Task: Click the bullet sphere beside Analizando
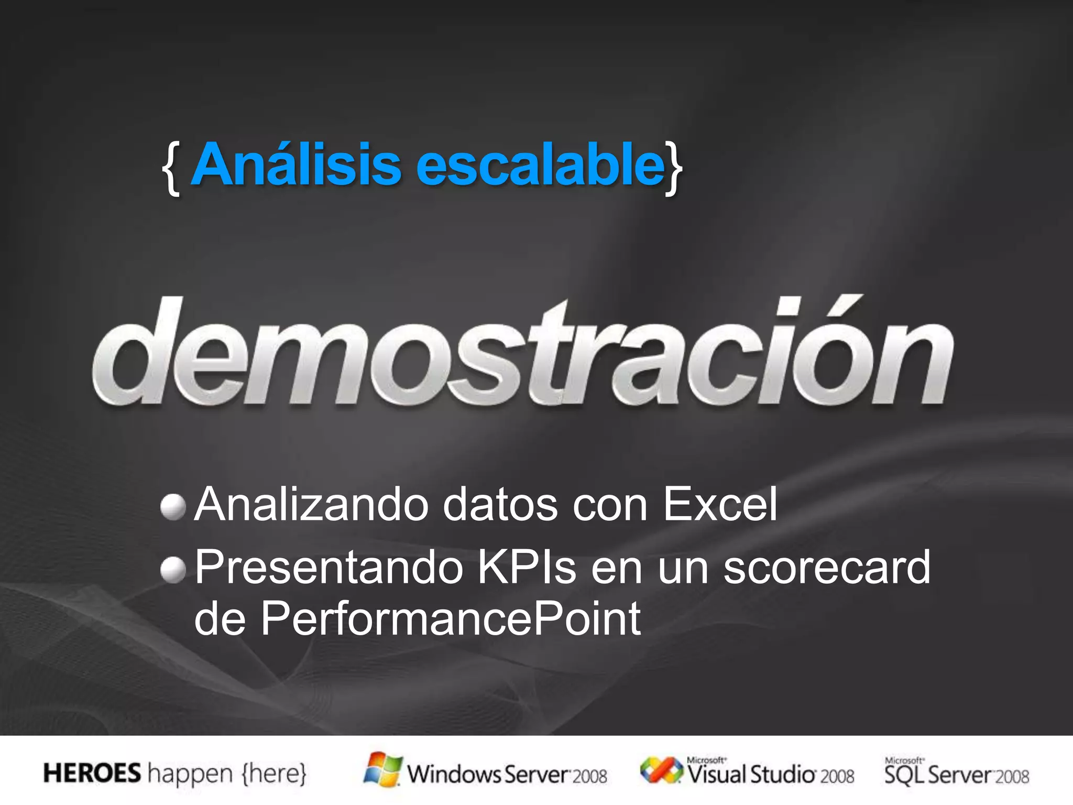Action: (x=173, y=507)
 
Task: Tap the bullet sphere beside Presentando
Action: (x=173, y=570)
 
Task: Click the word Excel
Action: (x=720, y=504)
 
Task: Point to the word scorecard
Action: (x=827, y=567)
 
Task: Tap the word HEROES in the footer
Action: (x=92, y=774)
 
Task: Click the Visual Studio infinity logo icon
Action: (x=661, y=770)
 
